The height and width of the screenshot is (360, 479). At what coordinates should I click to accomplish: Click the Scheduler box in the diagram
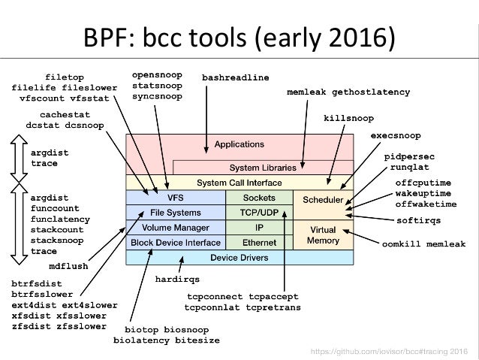pos(323,201)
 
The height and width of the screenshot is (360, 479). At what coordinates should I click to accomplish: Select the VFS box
pos(176,198)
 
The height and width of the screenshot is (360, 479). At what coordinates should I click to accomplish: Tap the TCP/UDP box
pos(259,213)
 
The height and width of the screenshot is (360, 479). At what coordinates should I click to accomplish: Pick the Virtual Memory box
pos(323,234)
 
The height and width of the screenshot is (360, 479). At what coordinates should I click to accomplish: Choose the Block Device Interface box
pos(176,243)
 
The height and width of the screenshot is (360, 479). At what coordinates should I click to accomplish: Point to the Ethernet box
pos(259,243)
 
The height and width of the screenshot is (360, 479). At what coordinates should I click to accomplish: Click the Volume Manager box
pos(176,228)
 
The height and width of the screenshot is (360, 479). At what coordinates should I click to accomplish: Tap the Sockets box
pos(259,198)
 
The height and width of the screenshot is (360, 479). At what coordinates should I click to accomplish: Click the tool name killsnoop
pos(348,118)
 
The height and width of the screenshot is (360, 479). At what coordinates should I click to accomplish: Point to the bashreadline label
pos(236,77)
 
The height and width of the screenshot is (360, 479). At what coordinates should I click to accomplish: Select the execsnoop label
pos(396,135)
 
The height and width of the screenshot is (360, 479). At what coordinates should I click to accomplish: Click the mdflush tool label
pos(70,265)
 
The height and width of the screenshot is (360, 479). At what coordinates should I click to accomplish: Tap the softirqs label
pos(418,220)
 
